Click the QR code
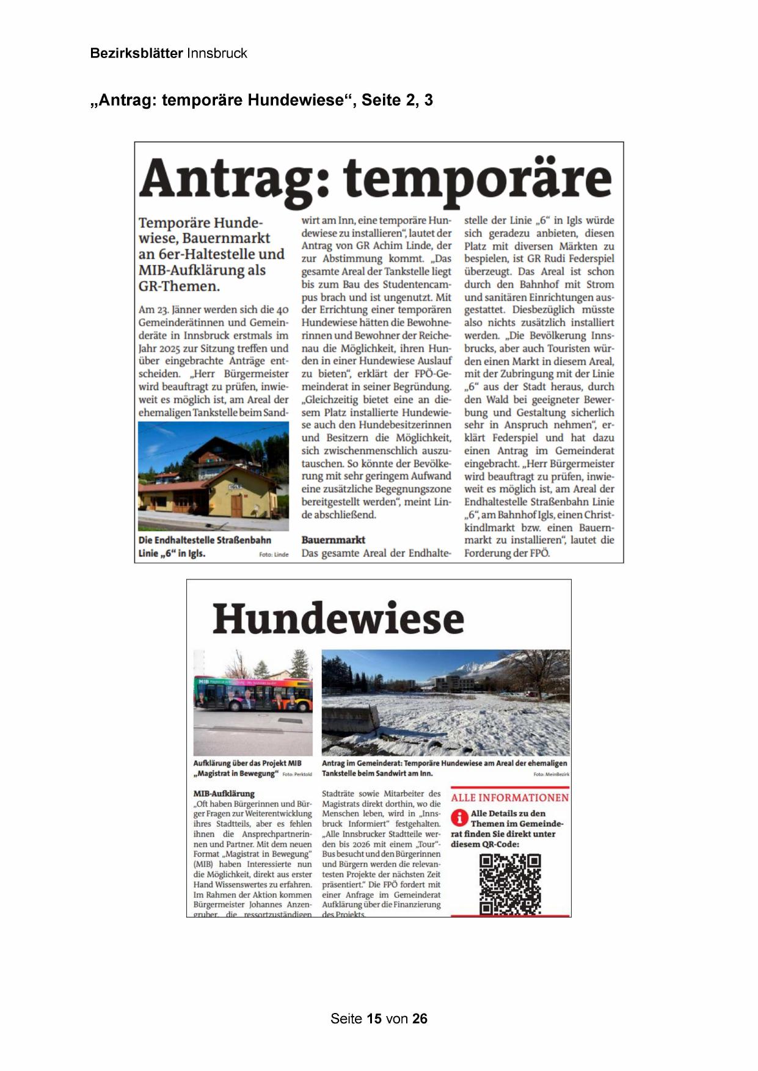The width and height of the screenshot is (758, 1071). [x=510, y=884]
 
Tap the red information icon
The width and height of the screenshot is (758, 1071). [x=459, y=818]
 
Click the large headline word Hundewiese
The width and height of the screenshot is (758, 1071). [x=338, y=618]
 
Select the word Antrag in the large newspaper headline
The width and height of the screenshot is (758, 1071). [x=227, y=178]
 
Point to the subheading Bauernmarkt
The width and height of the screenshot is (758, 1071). [x=333, y=540]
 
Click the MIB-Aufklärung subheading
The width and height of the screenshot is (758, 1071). [x=224, y=794]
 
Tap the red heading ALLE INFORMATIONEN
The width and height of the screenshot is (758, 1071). [x=509, y=797]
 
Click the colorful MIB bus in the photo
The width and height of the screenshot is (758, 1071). [x=252, y=694]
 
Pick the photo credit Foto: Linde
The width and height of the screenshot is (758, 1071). [x=274, y=554]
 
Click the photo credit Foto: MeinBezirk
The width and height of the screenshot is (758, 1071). [x=551, y=774]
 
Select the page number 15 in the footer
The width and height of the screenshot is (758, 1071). [x=374, y=1018]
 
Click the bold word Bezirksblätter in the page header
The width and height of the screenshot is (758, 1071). [x=136, y=53]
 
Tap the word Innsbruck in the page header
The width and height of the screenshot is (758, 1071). [x=217, y=53]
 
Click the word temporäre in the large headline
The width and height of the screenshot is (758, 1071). [x=476, y=178]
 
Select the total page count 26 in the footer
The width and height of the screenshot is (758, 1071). [x=420, y=1018]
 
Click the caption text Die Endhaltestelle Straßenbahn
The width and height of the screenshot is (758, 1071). [x=205, y=540]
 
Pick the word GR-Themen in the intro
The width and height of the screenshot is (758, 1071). [x=178, y=286]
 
